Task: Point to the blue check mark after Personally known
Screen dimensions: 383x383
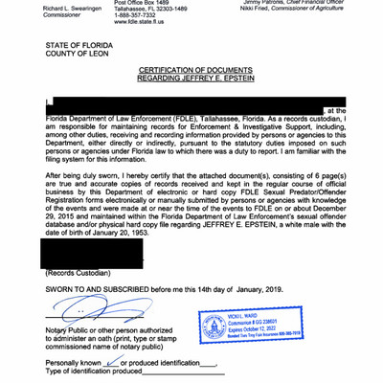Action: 116,364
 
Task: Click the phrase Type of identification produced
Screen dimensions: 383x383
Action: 95,373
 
